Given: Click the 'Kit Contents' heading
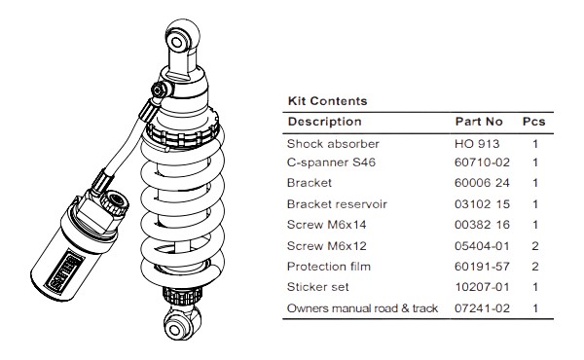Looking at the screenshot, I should pos(327,100).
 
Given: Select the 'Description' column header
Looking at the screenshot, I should pos(324,122).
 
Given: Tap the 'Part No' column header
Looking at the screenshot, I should pos(479,122).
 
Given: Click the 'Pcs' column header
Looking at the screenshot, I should pos(534,122).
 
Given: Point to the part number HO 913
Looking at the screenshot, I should pos(476,143).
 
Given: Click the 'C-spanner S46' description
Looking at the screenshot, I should pos(331,162).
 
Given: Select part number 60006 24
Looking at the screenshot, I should pos(482,183).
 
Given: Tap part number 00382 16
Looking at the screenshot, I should pos(482,225).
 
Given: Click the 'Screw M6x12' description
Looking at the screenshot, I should pos(327,245).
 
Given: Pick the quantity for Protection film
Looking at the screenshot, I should pos(534,267).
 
